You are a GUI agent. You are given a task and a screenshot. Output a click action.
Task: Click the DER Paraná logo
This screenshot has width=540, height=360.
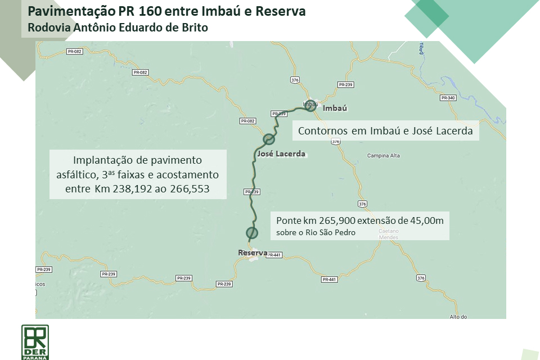click(x=35, y=341)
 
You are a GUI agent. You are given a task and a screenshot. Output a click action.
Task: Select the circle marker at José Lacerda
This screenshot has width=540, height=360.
click(x=269, y=139)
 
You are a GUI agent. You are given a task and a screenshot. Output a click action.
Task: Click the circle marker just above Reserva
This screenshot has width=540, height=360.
click(x=251, y=232)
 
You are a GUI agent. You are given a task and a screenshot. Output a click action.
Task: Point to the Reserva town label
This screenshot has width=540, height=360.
click(x=253, y=253)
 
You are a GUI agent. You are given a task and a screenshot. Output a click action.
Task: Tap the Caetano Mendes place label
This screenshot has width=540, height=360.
click(x=388, y=234)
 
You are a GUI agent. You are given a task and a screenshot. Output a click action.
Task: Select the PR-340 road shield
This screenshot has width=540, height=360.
click(x=448, y=98)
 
